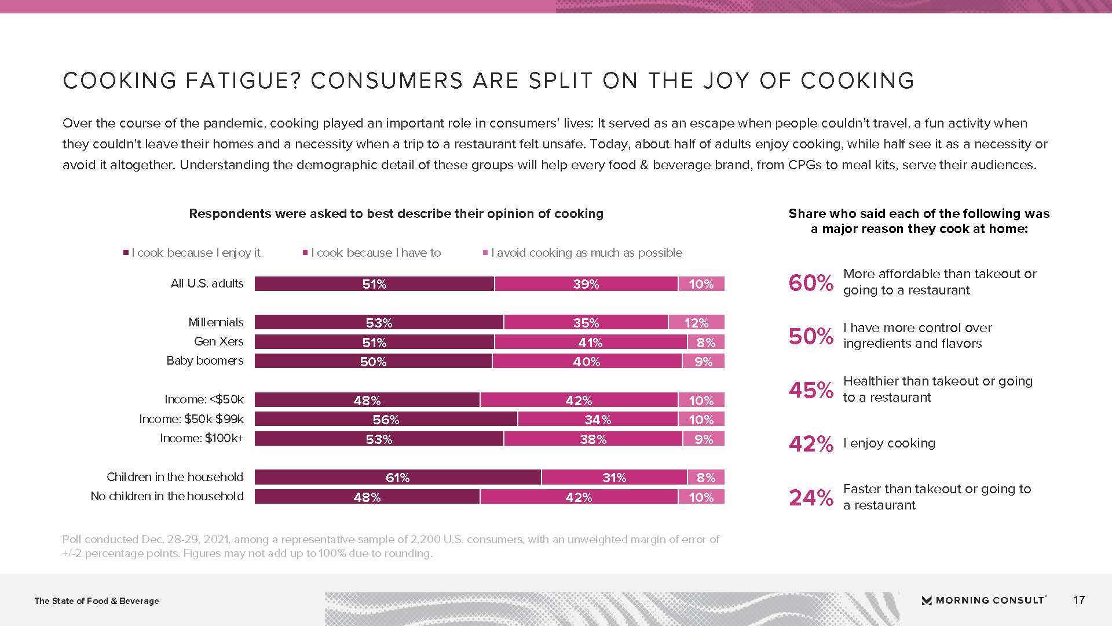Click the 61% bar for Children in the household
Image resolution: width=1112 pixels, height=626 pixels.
click(x=398, y=478)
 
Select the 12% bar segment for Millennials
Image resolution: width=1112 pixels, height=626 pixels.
click(x=696, y=323)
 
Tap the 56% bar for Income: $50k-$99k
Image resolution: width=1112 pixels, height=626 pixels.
click(x=386, y=420)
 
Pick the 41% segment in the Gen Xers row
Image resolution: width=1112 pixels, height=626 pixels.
click(x=590, y=343)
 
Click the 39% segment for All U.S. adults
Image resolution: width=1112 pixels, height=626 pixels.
click(x=586, y=284)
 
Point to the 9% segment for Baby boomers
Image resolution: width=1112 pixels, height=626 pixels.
click(x=703, y=362)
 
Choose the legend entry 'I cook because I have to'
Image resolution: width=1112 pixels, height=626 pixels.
click(x=375, y=253)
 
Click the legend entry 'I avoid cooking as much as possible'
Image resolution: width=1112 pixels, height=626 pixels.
click(x=586, y=253)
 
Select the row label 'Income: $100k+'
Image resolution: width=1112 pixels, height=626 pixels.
click(x=202, y=438)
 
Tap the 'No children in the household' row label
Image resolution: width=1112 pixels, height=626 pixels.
click(x=167, y=496)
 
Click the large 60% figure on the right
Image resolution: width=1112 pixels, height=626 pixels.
click(x=811, y=283)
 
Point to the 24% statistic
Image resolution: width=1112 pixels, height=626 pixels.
click(x=811, y=497)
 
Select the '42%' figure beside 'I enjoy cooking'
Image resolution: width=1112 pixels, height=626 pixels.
click(x=811, y=444)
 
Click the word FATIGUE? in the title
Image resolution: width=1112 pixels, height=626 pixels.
click(x=243, y=81)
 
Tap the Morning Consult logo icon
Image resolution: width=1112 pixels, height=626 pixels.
click(x=927, y=600)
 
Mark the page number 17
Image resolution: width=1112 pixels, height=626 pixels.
click(x=1078, y=600)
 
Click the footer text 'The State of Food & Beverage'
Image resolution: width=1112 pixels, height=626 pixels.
click(x=97, y=601)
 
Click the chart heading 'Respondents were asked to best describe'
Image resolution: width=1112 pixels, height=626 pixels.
click(x=396, y=214)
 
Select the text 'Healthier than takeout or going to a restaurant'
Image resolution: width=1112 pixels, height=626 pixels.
click(x=937, y=389)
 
